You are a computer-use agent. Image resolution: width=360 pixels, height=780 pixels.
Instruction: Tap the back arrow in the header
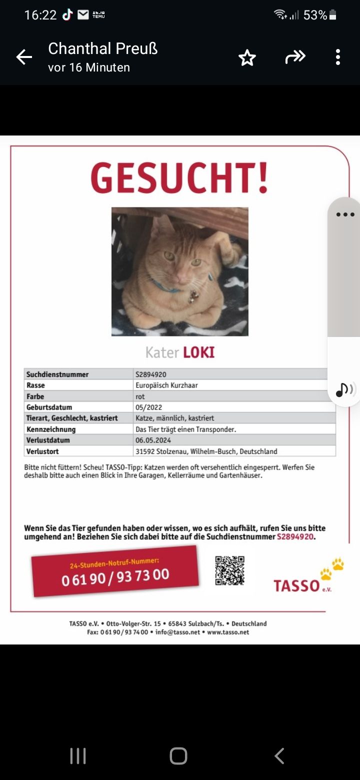click(24, 57)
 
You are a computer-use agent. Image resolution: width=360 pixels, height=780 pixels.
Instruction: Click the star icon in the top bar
click(247, 58)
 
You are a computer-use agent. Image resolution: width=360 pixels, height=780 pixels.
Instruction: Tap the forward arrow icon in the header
click(295, 57)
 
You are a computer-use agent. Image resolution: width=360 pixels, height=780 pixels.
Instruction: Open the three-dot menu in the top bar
click(338, 57)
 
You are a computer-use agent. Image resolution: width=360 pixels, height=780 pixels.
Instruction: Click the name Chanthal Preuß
click(102, 48)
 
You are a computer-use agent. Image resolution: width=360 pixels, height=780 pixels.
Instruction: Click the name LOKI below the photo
click(198, 352)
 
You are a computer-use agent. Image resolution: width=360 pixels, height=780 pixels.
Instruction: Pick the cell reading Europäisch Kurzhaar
click(166, 385)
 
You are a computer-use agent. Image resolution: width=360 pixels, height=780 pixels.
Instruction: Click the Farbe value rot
click(140, 396)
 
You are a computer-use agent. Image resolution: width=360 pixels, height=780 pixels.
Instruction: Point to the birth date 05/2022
click(148, 407)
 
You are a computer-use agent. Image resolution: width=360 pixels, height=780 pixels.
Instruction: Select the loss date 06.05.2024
click(153, 440)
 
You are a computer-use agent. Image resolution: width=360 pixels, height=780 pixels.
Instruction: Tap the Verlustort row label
click(42, 451)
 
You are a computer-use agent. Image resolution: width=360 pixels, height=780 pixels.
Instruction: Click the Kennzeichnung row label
click(51, 429)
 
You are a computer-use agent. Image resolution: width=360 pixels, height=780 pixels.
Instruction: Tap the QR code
click(229, 570)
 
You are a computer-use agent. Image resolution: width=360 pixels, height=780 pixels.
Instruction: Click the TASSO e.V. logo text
click(296, 585)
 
